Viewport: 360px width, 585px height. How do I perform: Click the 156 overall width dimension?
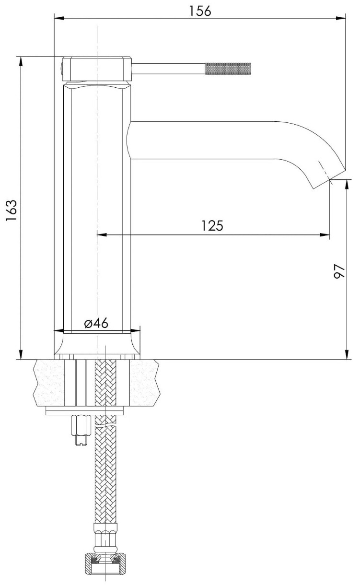(x=200, y=11)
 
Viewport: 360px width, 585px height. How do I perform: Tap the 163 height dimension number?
(x=12, y=211)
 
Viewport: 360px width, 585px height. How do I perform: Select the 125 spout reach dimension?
(x=212, y=226)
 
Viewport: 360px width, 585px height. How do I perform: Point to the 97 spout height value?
(x=339, y=271)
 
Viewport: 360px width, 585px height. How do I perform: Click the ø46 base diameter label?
(x=96, y=324)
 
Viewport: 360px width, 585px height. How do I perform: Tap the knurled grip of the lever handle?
(x=228, y=69)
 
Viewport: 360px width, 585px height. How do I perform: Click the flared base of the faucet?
(x=97, y=345)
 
